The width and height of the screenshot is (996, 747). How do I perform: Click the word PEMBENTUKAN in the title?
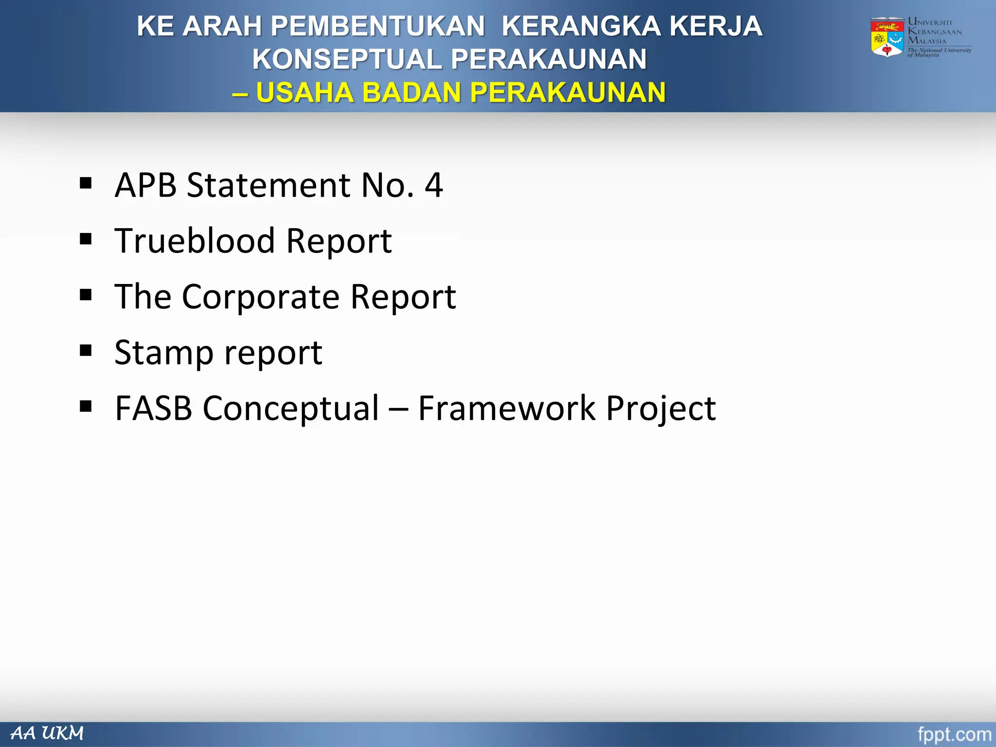(377, 26)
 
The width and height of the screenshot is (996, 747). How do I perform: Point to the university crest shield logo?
(887, 38)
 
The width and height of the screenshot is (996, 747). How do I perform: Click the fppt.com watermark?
(954, 734)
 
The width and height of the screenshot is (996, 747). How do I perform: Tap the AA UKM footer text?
(48, 733)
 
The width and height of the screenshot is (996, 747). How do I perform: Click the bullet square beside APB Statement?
(86, 183)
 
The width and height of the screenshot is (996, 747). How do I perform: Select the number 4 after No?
(433, 185)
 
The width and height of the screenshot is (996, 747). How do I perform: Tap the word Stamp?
(163, 353)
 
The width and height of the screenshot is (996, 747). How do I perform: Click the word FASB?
(153, 408)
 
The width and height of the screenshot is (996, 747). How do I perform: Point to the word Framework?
(506, 408)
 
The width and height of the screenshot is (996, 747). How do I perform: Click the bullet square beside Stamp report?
(86, 351)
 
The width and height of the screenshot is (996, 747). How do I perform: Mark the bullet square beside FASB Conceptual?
(86, 406)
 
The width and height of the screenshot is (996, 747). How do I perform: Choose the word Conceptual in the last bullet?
(290, 409)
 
